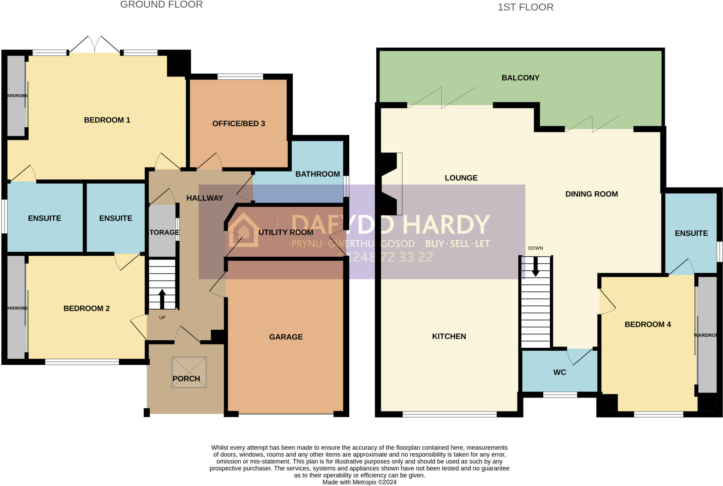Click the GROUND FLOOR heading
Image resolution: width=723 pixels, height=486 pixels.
coord(161,5)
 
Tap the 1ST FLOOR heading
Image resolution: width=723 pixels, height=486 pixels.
coord(525,7)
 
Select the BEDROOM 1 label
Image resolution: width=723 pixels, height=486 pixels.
coord(107,120)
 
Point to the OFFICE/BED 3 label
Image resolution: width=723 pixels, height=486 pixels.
coord(239,124)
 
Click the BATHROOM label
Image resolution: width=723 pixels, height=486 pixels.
coord(317,174)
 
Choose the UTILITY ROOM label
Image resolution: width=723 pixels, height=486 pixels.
coord(286,232)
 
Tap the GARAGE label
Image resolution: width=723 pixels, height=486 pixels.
coord(286,337)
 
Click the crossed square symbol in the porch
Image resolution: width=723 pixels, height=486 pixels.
coord(189,372)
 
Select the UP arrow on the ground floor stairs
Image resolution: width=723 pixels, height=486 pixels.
coord(162,299)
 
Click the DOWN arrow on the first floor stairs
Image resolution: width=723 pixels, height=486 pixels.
coord(536,267)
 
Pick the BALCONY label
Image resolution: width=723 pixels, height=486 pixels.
coord(520,78)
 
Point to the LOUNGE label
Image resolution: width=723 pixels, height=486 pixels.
coord(461,178)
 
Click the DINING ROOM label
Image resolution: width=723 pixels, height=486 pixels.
coord(591,194)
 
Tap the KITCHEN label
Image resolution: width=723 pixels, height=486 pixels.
coord(449,336)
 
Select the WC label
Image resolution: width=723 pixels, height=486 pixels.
coord(560,372)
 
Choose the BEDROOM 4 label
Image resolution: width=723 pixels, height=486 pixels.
coord(647,324)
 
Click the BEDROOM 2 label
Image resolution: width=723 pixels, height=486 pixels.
coord(86,308)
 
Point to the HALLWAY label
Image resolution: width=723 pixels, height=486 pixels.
coord(205,198)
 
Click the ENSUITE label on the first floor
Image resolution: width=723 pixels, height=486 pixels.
coord(691,233)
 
